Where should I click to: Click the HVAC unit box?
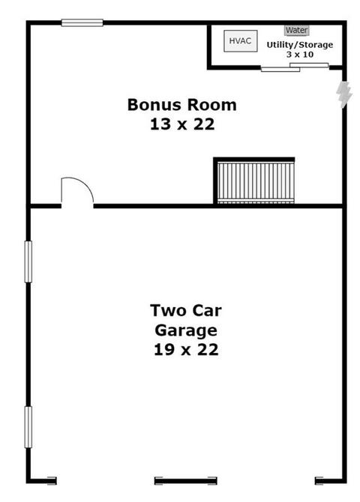click(241, 41)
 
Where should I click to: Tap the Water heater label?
click(297, 31)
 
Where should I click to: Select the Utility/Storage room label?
click(300, 45)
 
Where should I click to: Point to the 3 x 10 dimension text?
click(300, 55)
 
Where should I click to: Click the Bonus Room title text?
click(182, 105)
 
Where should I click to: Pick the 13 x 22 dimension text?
click(182, 124)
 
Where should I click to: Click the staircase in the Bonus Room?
click(256, 183)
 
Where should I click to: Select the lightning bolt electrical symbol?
click(344, 94)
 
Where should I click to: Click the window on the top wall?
click(82, 22)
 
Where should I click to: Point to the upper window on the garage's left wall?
click(28, 262)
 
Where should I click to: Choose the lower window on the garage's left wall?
click(28, 427)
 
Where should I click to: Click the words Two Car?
click(186, 310)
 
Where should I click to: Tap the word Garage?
click(186, 330)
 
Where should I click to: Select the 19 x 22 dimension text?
click(186, 350)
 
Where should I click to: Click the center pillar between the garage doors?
click(185, 480)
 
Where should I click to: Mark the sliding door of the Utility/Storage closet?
click(295, 67)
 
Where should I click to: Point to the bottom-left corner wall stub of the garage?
click(42, 480)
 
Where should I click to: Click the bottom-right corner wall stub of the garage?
click(331, 480)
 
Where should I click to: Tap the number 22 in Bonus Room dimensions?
click(204, 124)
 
